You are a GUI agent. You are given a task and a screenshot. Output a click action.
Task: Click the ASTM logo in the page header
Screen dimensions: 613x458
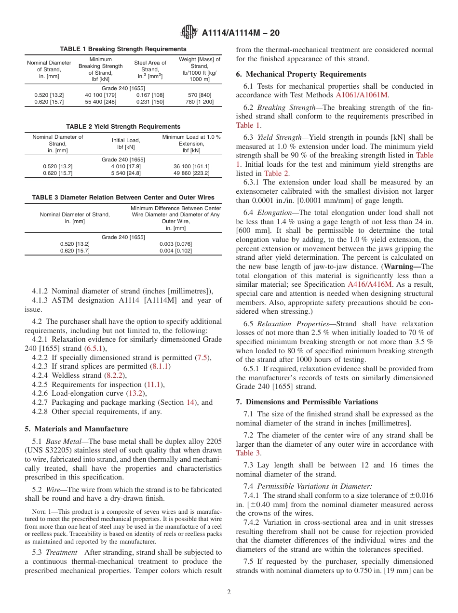(189, 32)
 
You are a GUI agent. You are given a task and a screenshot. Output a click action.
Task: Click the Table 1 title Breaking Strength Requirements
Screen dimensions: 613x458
(123, 49)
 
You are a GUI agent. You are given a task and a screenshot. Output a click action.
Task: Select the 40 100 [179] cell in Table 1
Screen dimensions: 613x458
(100, 95)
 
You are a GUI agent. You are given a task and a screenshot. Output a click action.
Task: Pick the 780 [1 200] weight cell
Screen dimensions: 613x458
(200, 102)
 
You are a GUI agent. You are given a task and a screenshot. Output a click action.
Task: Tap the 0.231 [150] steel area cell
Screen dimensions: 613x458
(150, 102)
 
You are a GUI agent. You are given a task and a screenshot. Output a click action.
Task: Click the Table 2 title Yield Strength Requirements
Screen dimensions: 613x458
(123, 127)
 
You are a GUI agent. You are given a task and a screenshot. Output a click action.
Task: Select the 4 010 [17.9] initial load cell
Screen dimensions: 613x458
(123, 166)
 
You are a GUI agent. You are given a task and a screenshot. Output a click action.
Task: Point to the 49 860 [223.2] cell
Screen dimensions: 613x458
(191, 173)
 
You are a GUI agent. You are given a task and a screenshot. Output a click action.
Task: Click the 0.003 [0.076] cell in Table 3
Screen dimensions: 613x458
(175, 244)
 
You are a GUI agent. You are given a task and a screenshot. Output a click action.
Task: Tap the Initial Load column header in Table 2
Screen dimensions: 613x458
(123, 144)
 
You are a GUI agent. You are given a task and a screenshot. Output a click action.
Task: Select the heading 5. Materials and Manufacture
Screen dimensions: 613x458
(76, 429)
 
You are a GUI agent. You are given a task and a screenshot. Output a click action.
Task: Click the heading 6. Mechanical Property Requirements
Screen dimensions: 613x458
(301, 74)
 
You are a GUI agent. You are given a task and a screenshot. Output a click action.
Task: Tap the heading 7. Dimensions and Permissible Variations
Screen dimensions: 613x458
(307, 402)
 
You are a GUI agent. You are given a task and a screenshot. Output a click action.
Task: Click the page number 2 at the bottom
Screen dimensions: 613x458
(229, 592)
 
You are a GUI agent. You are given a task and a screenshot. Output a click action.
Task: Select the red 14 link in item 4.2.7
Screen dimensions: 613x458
(190, 402)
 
